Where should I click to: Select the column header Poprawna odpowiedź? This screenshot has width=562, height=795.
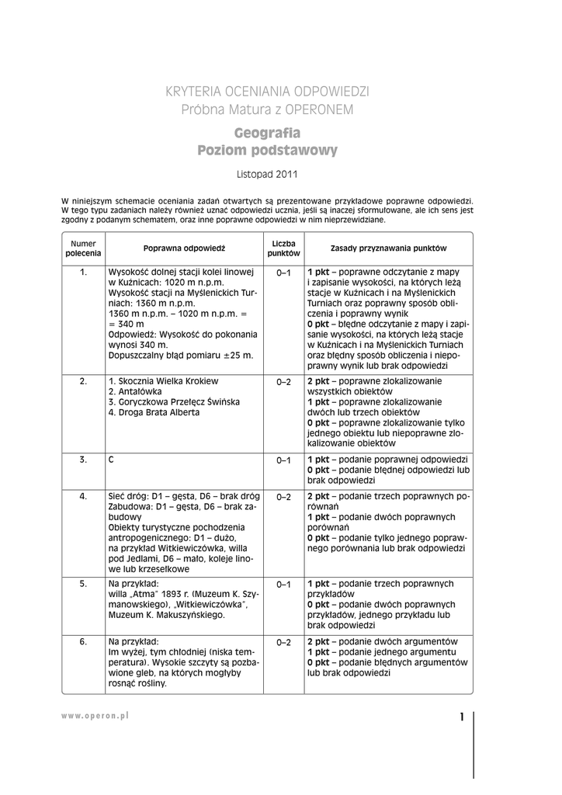click(184, 248)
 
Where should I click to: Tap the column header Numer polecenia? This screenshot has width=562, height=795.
click(83, 248)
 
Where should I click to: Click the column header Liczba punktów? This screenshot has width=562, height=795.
click(283, 248)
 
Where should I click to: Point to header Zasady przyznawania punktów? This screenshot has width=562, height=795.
click(388, 248)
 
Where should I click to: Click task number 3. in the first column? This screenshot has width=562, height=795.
click(83, 460)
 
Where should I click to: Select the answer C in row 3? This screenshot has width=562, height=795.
click(112, 460)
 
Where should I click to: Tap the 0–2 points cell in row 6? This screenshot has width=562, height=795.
click(283, 642)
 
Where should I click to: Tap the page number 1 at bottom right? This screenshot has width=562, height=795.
click(461, 717)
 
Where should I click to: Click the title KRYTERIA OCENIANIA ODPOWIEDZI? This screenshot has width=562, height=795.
click(267, 92)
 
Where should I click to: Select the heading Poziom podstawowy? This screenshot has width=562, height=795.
click(267, 150)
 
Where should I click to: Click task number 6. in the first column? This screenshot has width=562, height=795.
click(83, 642)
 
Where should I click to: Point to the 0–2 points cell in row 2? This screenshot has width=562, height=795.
click(283, 382)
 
